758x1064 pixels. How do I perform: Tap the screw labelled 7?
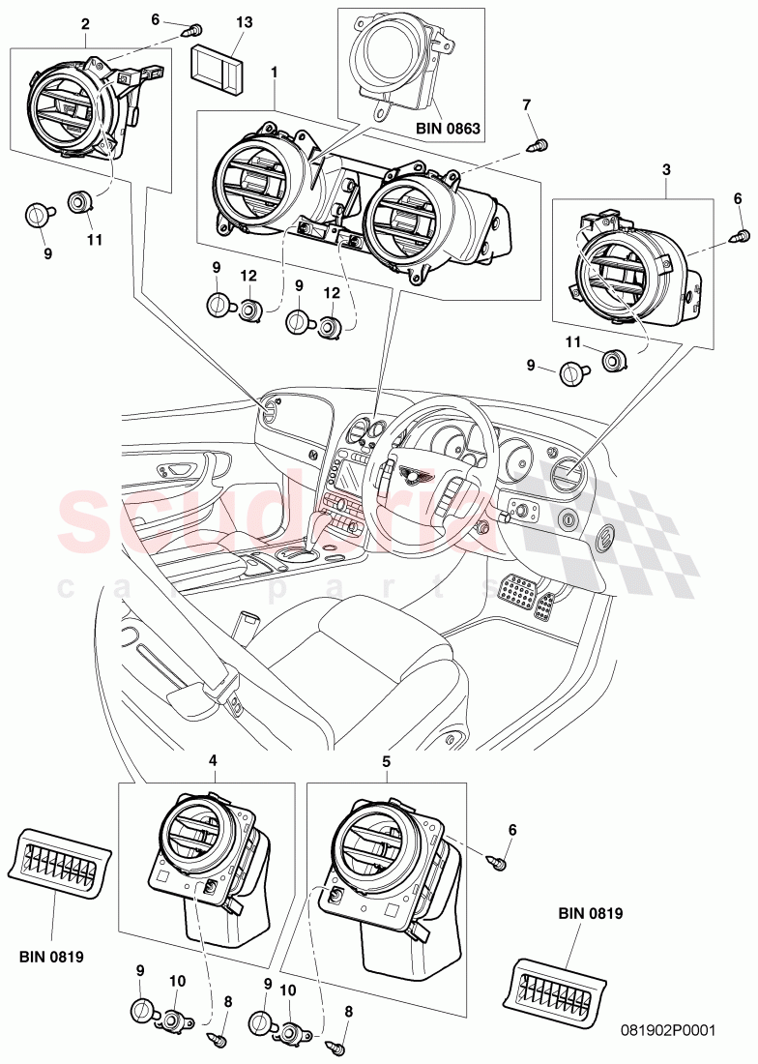pos(534,144)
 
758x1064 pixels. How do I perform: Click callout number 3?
pos(666,168)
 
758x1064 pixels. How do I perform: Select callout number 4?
pos(213,761)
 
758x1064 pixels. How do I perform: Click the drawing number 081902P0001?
pos(668,1031)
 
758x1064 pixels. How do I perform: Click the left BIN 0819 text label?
pos(50,957)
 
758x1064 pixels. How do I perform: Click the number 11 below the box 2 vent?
pos(92,239)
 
